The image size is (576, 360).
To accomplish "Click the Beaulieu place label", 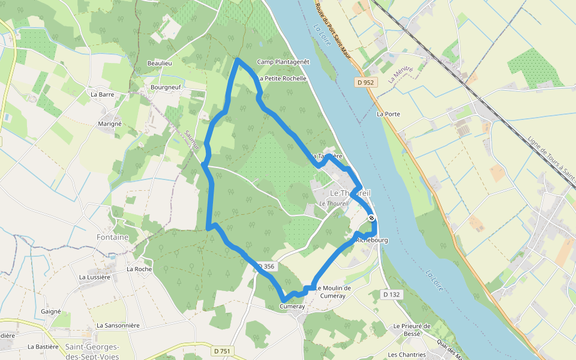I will pos(160,63).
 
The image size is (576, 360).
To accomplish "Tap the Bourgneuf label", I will pos(166,87).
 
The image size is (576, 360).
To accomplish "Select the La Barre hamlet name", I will pos(102,94).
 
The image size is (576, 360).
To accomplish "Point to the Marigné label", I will pos(109,124).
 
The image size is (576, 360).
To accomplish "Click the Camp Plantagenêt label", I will pos(283,62).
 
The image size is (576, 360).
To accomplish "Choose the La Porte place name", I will pos(388,113).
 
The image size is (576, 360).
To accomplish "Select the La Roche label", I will pos(139,269).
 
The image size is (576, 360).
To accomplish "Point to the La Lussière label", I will pos(95,277).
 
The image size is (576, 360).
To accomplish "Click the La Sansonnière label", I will pos(118,325).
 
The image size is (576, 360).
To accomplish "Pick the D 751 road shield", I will pos(223,350).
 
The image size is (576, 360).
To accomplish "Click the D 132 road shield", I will pos(391,294).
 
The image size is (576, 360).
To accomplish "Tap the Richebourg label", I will pos(373,240).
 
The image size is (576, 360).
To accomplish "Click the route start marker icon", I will pos(372,218).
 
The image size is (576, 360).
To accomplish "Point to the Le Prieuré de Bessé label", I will pos(412,330).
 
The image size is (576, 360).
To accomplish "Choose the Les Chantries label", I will pos(407,355).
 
